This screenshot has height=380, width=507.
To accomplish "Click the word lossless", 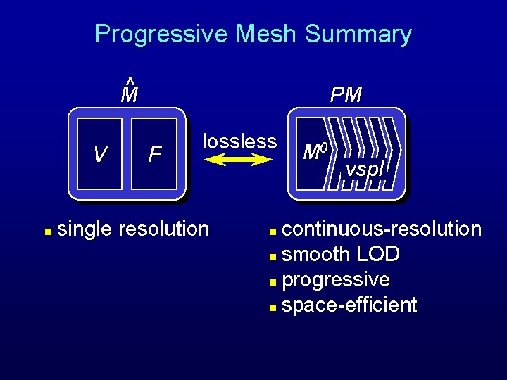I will [x=239, y=141].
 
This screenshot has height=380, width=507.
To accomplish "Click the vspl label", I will [x=364, y=170].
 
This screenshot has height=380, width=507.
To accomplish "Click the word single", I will [x=87, y=229].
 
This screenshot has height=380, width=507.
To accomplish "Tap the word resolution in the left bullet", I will [x=164, y=229].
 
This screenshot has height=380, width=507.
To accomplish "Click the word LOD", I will [x=377, y=255].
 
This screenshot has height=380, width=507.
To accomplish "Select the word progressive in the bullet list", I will [x=336, y=280].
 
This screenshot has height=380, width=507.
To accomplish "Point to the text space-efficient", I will [x=349, y=305].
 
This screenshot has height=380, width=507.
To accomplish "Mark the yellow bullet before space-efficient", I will [x=273, y=307].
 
